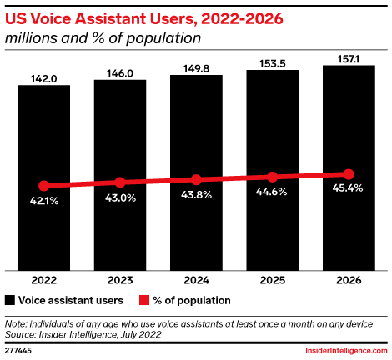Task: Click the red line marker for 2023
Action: point(120,182)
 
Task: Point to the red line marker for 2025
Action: point(273,177)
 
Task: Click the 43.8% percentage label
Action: point(196,195)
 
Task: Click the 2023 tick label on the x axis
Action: point(120,280)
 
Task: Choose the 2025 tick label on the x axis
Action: point(273,280)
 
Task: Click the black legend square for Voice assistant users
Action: point(11,299)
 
